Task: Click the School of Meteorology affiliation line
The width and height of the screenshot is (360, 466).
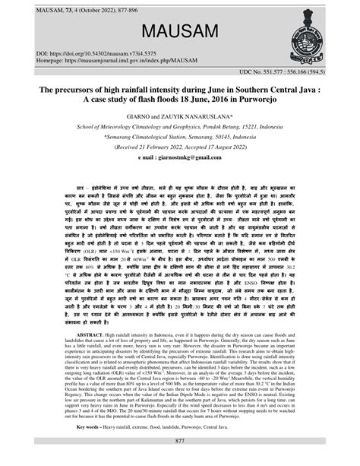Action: click(x=180, y=128)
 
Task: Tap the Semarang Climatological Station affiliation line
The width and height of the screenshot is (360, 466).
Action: click(x=180, y=138)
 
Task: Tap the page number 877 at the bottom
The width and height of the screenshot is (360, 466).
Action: click(x=180, y=441)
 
